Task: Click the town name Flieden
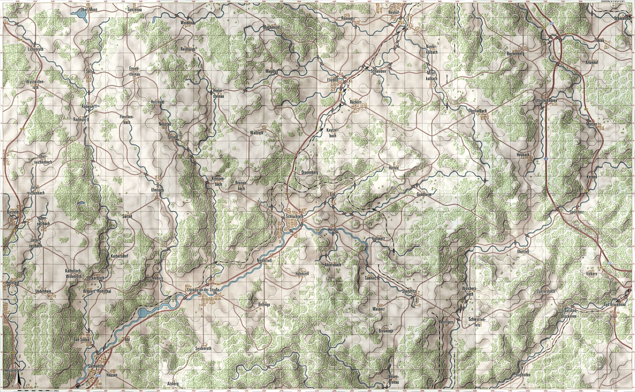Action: click(x=333, y=80)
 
